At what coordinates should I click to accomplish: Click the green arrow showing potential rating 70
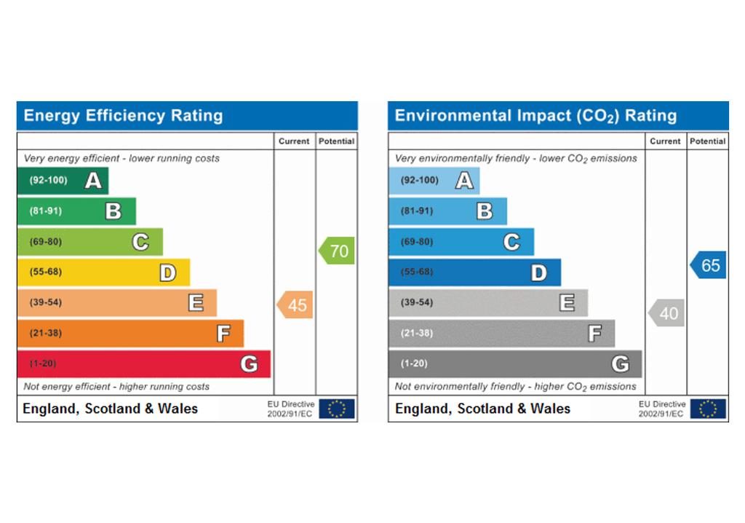click(336, 251)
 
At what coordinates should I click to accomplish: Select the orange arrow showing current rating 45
click(295, 304)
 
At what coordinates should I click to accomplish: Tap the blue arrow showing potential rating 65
click(708, 264)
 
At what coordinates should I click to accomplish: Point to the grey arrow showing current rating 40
click(666, 312)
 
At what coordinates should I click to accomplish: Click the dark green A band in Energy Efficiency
click(63, 181)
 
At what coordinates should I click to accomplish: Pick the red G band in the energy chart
click(144, 364)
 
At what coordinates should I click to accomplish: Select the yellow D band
click(103, 272)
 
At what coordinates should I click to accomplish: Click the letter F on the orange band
click(224, 333)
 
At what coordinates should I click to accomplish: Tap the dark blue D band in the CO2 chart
click(474, 272)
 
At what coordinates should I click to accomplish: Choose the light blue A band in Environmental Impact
click(434, 181)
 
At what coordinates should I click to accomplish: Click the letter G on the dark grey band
click(620, 364)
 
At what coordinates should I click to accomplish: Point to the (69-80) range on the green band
click(46, 242)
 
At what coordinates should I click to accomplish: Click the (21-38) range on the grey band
click(417, 333)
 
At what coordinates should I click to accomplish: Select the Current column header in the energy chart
click(294, 141)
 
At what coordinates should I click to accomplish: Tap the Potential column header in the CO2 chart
click(707, 141)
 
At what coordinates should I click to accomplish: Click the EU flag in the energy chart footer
click(337, 409)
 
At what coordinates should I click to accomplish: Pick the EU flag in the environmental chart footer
click(708, 409)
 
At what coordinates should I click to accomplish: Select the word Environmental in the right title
click(453, 116)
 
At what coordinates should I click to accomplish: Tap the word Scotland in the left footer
click(113, 409)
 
